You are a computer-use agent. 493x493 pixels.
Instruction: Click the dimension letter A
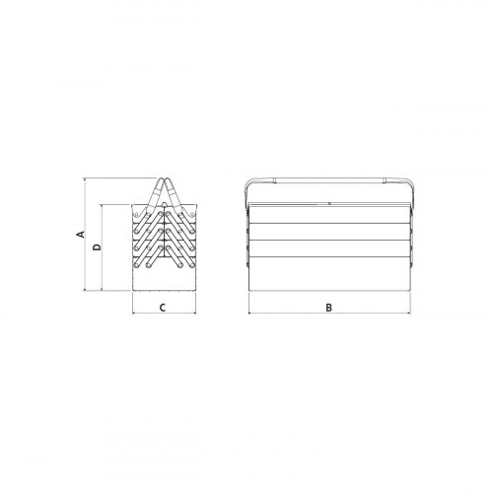point(81,234)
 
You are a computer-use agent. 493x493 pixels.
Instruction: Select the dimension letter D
point(97,247)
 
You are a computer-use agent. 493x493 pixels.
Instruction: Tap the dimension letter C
point(163,308)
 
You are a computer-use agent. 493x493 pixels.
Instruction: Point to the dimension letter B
point(328,308)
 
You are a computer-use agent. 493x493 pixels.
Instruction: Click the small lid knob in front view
point(329,203)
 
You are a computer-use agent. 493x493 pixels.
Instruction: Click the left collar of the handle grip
point(275,179)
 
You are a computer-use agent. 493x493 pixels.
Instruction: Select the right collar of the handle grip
point(385,179)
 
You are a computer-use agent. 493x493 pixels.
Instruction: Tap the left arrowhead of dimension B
point(250,313)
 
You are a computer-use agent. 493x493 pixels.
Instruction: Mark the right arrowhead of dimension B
point(408,313)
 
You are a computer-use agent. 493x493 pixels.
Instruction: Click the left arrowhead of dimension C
point(134,313)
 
